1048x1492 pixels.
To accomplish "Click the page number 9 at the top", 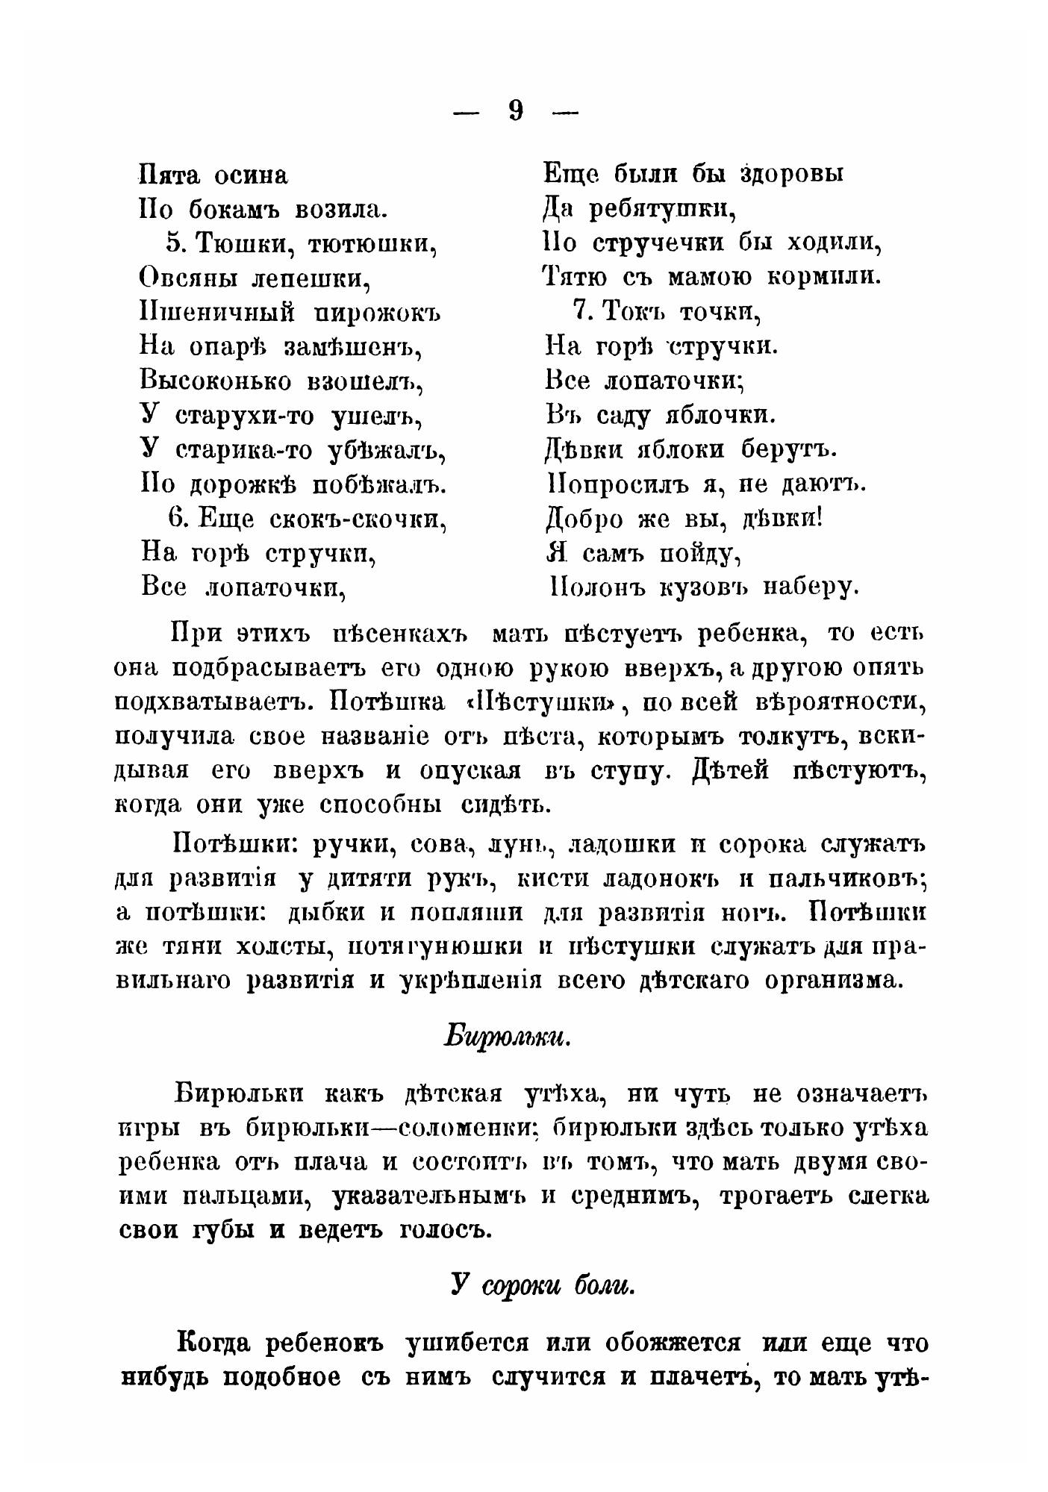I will tap(516, 110).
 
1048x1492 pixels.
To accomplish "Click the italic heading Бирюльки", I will tap(508, 1037).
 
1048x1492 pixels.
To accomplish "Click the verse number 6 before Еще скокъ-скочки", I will tap(174, 517).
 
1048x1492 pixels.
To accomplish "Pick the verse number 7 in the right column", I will tap(584, 311).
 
